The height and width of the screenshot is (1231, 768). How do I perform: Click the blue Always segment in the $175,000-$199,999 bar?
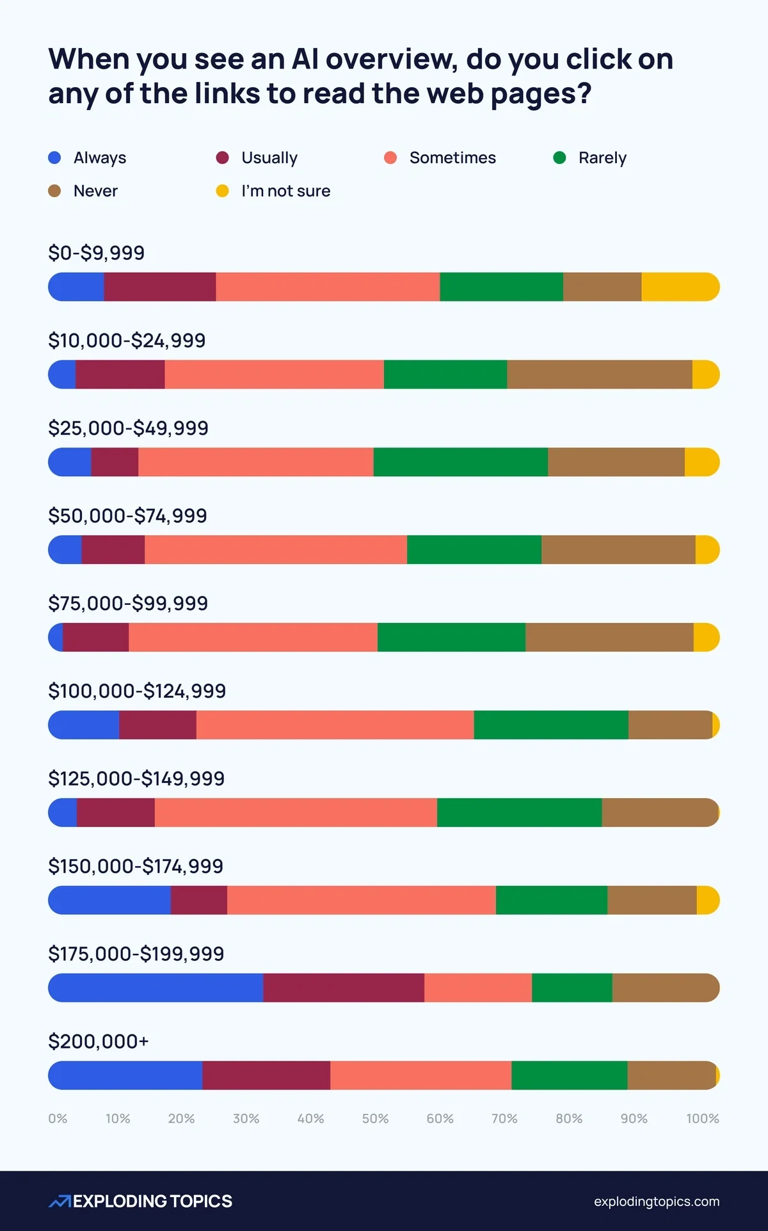coord(156,988)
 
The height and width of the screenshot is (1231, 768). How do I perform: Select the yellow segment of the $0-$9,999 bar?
coord(680,287)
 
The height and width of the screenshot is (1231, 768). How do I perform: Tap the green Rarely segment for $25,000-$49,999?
coord(461,462)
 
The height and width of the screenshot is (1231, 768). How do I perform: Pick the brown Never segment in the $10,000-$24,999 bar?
coord(600,374)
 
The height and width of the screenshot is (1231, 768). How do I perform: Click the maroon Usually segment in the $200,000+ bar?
coord(266,1075)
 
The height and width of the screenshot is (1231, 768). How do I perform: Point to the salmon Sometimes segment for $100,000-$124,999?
coord(335,725)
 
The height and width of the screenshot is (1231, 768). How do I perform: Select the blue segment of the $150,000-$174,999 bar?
coord(109,900)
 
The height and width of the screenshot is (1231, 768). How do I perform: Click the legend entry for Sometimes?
coord(452,157)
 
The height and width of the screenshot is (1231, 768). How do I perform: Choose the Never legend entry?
coord(95,191)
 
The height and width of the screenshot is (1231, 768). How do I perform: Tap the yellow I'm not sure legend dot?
coord(222,191)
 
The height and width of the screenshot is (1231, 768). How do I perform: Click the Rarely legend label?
coord(602,157)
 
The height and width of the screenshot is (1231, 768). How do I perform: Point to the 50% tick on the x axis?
coord(375,1118)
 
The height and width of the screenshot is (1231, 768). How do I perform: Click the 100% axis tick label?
coord(702,1118)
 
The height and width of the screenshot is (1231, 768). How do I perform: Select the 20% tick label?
coord(181,1118)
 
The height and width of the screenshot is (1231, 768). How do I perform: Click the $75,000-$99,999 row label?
coord(128,603)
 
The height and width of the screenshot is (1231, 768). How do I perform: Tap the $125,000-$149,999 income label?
coord(136,778)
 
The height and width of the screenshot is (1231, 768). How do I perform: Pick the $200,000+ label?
coord(99,1042)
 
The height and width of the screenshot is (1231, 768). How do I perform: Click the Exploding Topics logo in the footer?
coord(140,1201)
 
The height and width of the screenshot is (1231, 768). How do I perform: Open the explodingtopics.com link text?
coord(656,1202)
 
